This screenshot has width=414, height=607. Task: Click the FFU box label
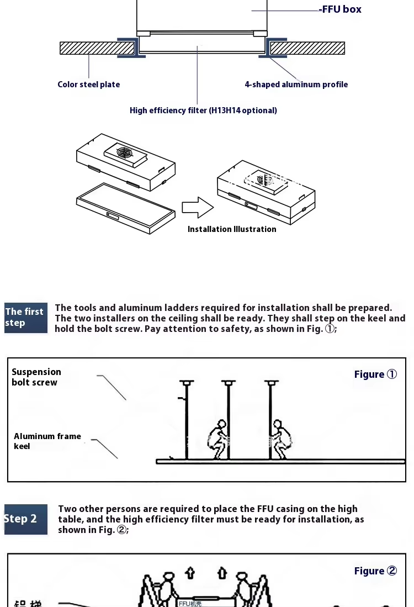click(342, 9)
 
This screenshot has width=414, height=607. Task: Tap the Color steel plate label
click(88, 85)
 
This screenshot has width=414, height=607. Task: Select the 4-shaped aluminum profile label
click(296, 85)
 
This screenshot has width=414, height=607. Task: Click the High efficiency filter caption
click(203, 110)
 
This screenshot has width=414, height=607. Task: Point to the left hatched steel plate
click(97, 48)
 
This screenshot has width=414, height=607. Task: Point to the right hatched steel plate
click(307, 48)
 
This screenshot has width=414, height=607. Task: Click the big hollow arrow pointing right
click(197, 208)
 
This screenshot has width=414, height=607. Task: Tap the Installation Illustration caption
click(232, 229)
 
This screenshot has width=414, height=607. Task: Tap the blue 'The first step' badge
click(25, 318)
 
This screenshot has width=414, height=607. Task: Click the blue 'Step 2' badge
click(25, 519)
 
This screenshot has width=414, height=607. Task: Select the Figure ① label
click(375, 374)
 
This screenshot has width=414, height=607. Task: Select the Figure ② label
click(375, 571)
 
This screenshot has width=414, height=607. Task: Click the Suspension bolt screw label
click(36, 377)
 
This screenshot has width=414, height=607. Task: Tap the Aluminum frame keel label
click(47, 441)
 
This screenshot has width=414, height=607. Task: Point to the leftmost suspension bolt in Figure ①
click(187, 420)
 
